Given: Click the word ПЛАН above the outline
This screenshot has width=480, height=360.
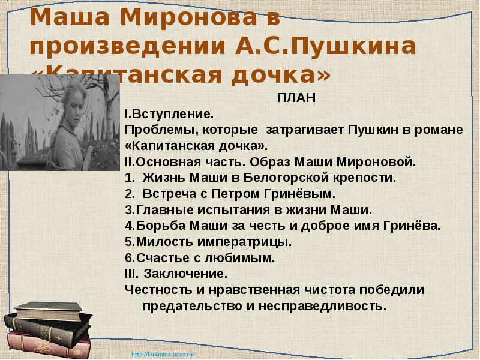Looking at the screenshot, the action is (296, 98).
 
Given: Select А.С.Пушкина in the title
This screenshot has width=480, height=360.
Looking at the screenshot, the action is (325, 47).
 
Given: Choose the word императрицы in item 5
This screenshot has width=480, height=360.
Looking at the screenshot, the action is (244, 242).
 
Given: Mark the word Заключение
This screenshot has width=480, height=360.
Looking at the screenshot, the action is (185, 274).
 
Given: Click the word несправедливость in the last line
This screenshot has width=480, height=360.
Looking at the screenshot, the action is (322, 306).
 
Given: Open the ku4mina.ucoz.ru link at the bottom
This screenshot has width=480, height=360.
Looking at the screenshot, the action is (163, 355).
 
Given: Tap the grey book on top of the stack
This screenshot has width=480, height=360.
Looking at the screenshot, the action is (47, 310).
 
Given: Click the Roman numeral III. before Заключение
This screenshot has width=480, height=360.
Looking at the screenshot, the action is (131, 274).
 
